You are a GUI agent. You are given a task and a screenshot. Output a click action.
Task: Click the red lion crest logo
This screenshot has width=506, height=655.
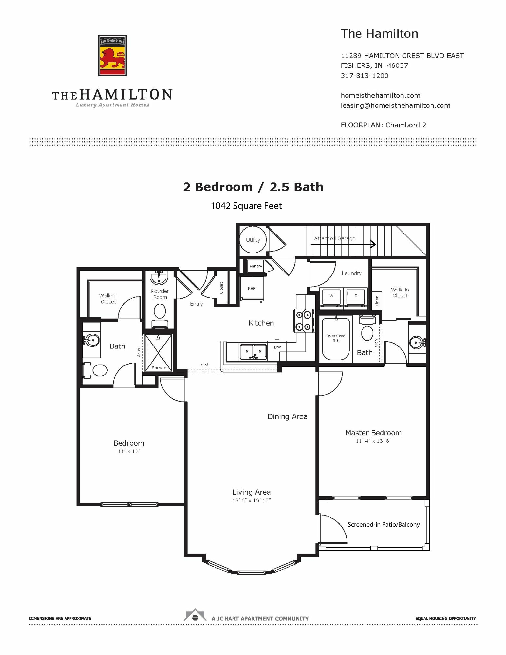pyautogui.click(x=112, y=56)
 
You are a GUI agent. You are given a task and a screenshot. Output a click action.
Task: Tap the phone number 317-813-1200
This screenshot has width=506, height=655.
pyautogui.click(x=365, y=76)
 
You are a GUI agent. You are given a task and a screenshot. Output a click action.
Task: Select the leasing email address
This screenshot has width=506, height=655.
pyautogui.click(x=395, y=105)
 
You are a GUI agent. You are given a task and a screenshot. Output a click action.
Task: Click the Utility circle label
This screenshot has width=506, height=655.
pyautogui.click(x=253, y=240)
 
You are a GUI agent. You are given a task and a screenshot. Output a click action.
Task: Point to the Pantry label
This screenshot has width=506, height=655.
pyautogui.click(x=256, y=266)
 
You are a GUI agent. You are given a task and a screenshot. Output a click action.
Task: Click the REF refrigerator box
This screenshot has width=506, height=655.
pyautogui.click(x=252, y=289)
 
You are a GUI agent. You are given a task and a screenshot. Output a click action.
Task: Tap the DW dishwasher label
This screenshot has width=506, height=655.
pyautogui.click(x=277, y=347)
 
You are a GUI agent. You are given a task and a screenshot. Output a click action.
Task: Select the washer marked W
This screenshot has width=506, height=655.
pyautogui.click(x=331, y=297)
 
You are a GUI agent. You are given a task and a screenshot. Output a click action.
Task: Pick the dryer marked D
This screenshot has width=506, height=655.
pyautogui.click(x=356, y=297)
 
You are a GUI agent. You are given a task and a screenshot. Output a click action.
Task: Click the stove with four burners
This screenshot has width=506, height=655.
pyautogui.click(x=304, y=321)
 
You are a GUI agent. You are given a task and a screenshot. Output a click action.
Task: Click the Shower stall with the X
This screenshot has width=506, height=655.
pyautogui.click(x=159, y=353)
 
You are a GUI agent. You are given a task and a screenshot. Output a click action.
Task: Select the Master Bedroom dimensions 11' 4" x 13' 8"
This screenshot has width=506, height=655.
pyautogui.click(x=374, y=441)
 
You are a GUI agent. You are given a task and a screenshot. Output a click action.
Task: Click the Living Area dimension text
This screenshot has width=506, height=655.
pyautogui.click(x=252, y=500)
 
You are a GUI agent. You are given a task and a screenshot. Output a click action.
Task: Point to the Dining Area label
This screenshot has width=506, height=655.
pyautogui.click(x=288, y=417)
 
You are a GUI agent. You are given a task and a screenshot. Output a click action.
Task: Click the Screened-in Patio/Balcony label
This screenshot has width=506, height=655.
pyautogui.click(x=384, y=524)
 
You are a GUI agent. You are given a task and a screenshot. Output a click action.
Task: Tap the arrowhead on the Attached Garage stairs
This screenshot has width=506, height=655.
pyautogui.click(x=373, y=244)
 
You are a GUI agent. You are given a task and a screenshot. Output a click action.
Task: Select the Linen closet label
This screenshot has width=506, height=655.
pyautogui.click(x=377, y=301)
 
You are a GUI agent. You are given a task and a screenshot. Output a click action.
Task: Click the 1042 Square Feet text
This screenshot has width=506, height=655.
pyautogui.click(x=246, y=206)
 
